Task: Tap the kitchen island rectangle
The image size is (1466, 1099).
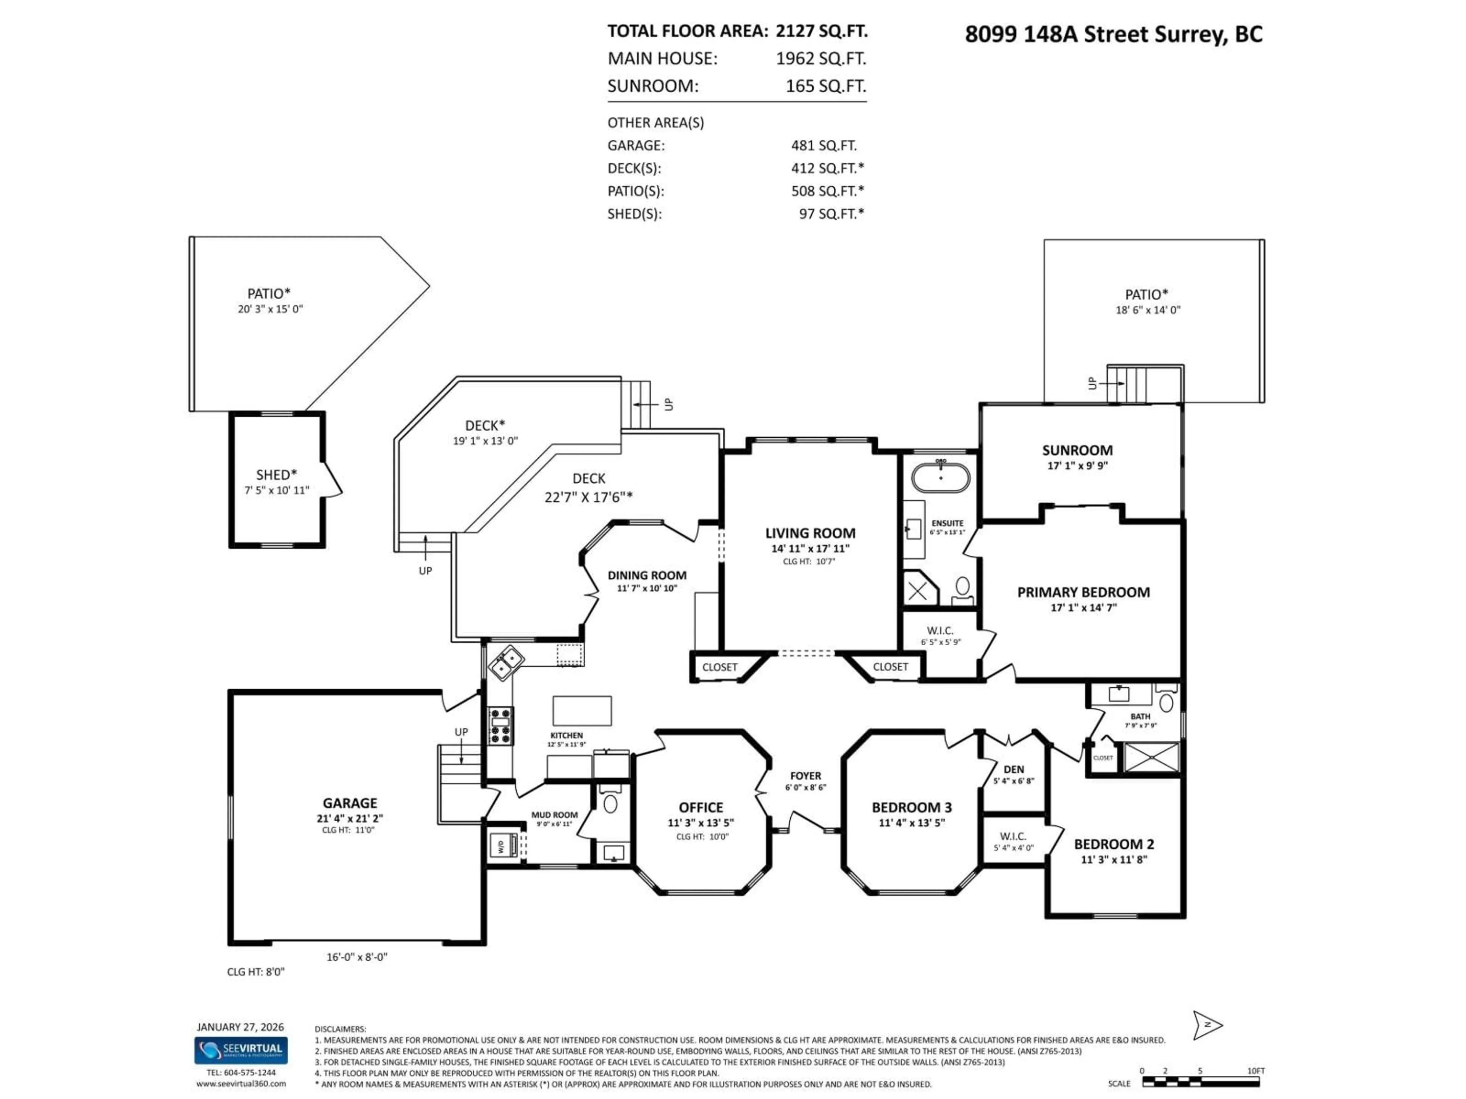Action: click(582, 711)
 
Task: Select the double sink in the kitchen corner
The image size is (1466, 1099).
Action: click(506, 662)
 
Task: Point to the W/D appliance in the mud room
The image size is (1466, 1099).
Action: click(502, 846)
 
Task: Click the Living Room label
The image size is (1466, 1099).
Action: click(810, 533)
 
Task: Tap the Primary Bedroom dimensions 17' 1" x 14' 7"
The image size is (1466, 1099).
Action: click(1083, 608)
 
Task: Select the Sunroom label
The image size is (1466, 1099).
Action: click(1077, 450)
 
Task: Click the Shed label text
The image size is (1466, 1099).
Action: click(276, 475)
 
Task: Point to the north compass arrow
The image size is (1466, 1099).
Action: click(1207, 1025)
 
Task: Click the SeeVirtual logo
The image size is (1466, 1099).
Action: click(241, 1051)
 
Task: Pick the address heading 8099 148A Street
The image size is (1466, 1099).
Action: click(1113, 34)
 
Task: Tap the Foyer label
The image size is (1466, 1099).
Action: click(805, 776)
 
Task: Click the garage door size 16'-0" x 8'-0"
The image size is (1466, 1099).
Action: click(357, 957)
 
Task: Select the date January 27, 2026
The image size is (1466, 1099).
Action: click(240, 1027)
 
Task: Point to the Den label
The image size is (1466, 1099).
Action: click(1013, 769)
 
